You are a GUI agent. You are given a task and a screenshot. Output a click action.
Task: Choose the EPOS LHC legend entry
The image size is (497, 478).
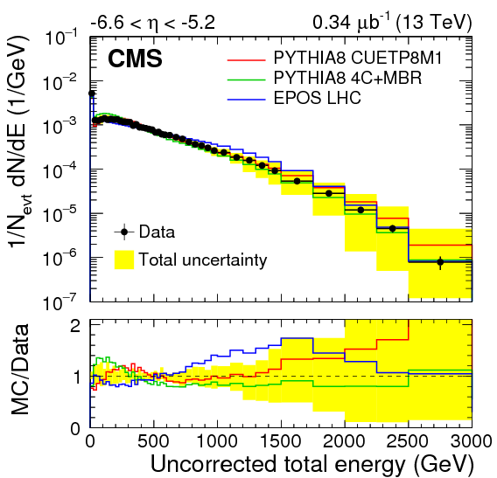click(316, 97)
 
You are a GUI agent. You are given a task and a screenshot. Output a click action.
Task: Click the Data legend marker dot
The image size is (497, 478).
click(124, 232)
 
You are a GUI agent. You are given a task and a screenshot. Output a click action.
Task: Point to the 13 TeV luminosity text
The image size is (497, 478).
click(415, 18)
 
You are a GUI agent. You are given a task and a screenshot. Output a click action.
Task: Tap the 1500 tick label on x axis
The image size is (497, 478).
click(281, 440)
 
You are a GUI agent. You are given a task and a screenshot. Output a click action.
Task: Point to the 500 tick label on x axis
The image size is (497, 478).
click(153, 440)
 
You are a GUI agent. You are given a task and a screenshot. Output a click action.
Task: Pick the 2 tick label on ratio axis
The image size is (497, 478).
click(76, 325)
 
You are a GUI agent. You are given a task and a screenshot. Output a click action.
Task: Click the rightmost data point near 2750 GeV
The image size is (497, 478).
click(440, 261)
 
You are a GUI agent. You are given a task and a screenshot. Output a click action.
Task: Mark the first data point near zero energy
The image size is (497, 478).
click(91, 94)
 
